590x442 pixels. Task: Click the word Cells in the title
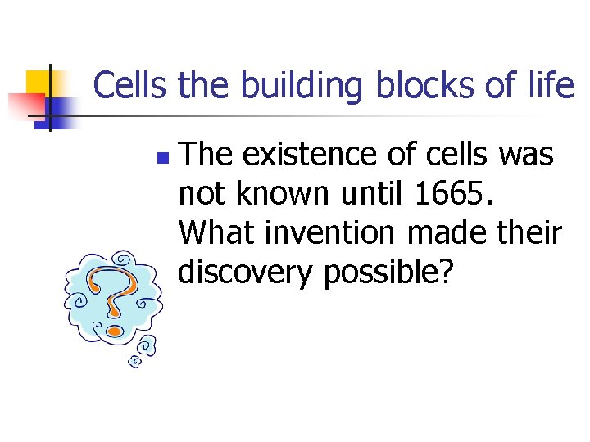pos(130,85)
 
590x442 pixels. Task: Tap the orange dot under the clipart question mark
pos(116,331)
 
